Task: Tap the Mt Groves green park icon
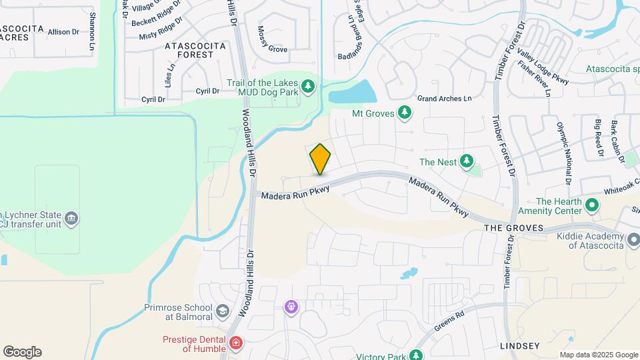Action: [404, 113]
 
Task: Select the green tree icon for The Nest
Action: [467, 161]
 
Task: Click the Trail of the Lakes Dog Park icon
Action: [307, 86]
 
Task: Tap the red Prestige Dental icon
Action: [235, 344]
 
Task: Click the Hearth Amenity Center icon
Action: [591, 205]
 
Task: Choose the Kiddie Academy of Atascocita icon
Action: [632, 239]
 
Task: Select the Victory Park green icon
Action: [417, 355]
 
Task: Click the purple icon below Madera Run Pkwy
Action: [291, 307]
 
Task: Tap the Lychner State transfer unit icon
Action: [71, 218]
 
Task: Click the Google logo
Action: [22, 352]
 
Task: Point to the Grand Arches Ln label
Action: [444, 99]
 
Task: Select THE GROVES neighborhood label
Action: [510, 228]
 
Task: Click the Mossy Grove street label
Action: [269, 49]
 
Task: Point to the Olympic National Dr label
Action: [564, 153]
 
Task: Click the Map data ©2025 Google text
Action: [598, 355]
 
